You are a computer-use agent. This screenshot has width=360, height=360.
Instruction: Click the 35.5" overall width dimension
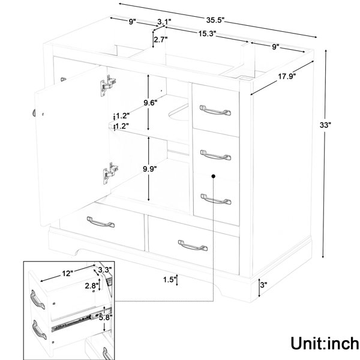coord(215,20)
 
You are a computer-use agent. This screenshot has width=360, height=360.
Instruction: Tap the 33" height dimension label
coord(325,125)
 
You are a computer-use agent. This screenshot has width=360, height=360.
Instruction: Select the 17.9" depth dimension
coord(287,76)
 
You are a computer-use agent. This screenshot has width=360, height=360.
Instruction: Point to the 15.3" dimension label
coord(208,34)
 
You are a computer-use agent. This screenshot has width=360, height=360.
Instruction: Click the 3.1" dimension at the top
coord(164,22)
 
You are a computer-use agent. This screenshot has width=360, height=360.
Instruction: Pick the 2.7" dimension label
coord(161,40)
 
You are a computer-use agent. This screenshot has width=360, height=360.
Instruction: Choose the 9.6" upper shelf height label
coord(151,103)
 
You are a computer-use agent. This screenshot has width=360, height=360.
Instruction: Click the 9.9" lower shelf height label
coord(150,169)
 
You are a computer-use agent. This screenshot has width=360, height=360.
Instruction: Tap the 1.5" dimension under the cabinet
coord(169,280)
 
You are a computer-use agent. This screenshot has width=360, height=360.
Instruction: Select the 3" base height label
coord(264,285)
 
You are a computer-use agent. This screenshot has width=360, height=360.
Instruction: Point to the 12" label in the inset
coord(67,274)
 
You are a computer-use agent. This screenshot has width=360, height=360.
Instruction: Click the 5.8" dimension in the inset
coord(106,318)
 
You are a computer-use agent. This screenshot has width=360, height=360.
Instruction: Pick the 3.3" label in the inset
coord(105,269)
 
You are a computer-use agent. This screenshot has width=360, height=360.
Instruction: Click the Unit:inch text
coord(325,343)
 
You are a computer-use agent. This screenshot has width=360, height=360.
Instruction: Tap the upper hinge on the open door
coord(108,85)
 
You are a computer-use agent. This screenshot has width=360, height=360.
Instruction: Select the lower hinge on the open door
coord(110,173)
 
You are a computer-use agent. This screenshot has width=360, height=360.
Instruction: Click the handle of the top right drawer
coord(215,110)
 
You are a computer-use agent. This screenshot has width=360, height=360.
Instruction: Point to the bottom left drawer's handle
coord(101,222)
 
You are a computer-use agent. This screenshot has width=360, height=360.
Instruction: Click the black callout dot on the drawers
coord(214,176)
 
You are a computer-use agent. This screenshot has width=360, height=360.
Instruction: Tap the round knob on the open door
coord(34,113)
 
